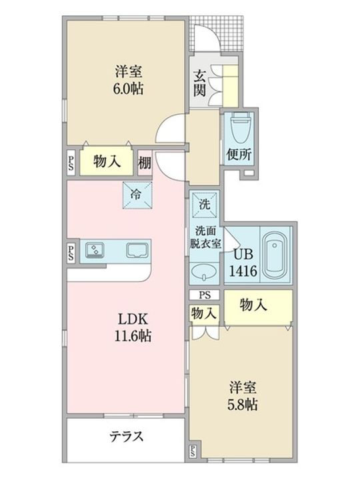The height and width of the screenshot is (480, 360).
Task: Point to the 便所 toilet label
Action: click(x=238, y=155)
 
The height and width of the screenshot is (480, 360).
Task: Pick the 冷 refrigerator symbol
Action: click(x=137, y=195)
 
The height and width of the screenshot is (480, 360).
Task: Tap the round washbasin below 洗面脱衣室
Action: click(x=203, y=271)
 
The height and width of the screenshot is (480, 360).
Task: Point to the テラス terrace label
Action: click(x=125, y=437)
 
